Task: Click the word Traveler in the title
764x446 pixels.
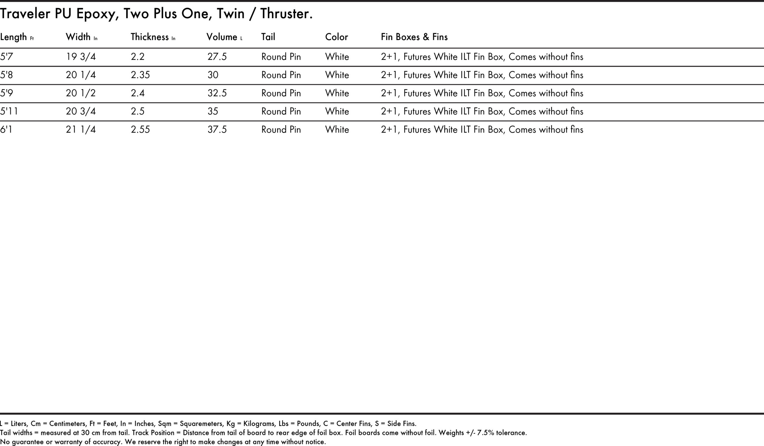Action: (x=25, y=14)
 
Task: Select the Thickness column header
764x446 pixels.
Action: (x=150, y=37)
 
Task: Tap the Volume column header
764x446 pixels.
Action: (x=222, y=37)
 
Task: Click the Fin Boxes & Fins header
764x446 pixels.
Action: (x=414, y=37)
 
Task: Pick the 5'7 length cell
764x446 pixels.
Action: (x=6, y=57)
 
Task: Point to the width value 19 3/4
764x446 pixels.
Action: (x=81, y=57)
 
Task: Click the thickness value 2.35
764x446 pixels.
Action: (x=140, y=75)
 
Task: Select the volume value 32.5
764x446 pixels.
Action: (x=217, y=93)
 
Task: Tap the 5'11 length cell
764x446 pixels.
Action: (x=9, y=111)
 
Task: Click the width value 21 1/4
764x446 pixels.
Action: (x=81, y=130)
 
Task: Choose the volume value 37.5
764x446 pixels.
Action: (x=217, y=130)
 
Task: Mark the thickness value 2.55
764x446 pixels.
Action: (x=140, y=130)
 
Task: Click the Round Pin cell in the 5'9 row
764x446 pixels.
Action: (x=281, y=93)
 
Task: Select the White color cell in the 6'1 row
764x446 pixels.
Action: (x=337, y=130)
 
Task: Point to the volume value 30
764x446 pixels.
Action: (x=213, y=75)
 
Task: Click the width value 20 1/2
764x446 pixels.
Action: (x=81, y=93)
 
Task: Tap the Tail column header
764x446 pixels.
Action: (x=268, y=37)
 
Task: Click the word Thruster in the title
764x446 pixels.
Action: (x=286, y=14)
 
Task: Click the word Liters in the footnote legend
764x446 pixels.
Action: (x=19, y=424)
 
